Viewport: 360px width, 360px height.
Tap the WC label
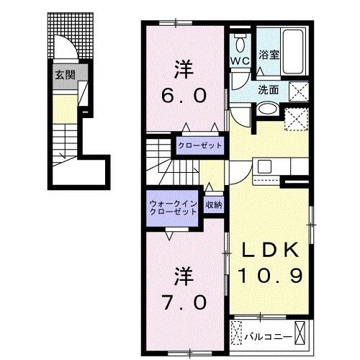pyautogui.click(x=240, y=61)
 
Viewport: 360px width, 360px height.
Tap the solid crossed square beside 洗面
pyautogui.click(x=298, y=91)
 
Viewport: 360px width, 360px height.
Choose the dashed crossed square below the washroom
pyautogui.click(x=294, y=118)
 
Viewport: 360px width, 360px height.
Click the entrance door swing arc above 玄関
pyautogui.click(x=66, y=50)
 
